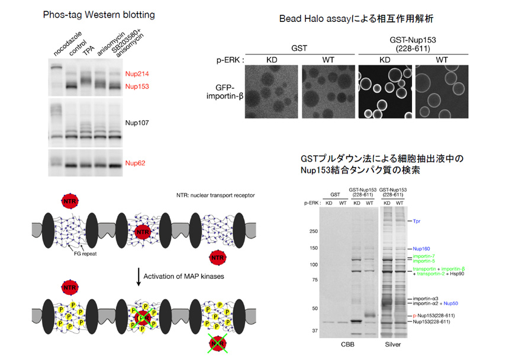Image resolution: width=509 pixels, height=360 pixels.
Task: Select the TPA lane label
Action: tap(89, 52)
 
